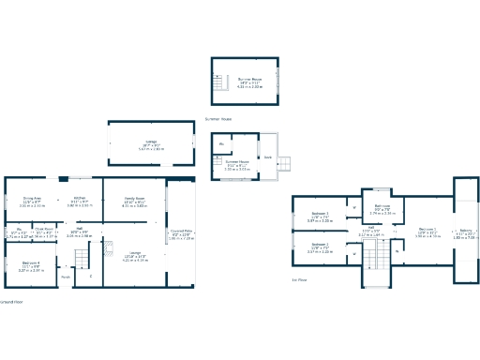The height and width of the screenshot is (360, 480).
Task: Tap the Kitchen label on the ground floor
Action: [x=81, y=198]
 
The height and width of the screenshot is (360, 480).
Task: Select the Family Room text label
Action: [x=134, y=198]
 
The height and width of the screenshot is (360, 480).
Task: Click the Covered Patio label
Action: [x=180, y=235]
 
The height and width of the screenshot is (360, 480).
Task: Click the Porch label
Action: [x=65, y=277]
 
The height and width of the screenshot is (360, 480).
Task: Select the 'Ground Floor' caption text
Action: [x=11, y=302]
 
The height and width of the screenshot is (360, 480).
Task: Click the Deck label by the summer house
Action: [x=267, y=157]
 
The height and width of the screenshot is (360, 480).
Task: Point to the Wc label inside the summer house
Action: [x=221, y=144]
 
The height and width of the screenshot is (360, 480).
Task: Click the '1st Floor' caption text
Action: [x=300, y=279]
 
